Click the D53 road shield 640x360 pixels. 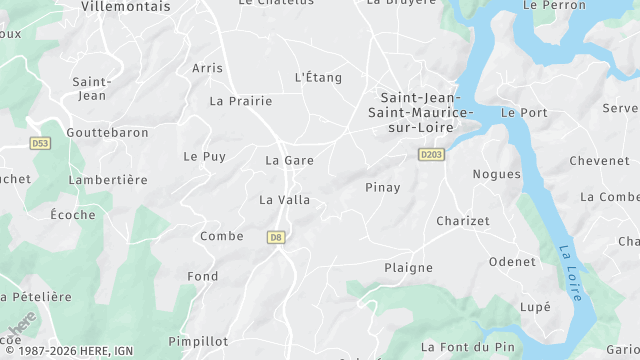pos(39,144)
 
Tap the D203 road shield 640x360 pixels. pos(431,154)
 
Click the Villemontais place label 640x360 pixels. pos(124,6)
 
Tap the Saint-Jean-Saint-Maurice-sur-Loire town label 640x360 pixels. pos(417,112)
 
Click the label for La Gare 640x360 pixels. pos(289,160)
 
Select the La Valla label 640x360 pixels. pos(284,200)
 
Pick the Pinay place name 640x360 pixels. pos(383,187)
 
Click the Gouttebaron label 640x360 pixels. pos(107,132)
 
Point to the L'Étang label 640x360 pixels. pos(318,77)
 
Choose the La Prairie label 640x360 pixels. pos(240,101)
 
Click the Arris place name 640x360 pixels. pos(207,68)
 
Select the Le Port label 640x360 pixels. pos(524,113)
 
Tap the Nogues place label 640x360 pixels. pos(496,174)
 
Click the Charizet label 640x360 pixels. pos(463,221)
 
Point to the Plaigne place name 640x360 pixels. pos(408,267)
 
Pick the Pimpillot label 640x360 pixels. pos(198,341)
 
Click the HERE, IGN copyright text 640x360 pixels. pos(67,352)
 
